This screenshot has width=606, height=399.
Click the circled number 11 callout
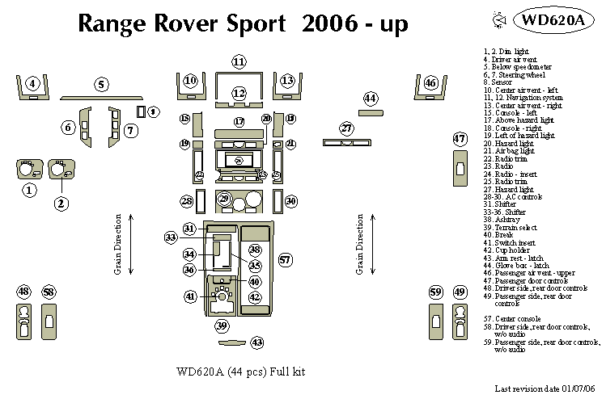(x=239, y=62)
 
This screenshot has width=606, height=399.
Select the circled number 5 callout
(x=101, y=84)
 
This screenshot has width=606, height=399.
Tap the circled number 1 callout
(x=28, y=191)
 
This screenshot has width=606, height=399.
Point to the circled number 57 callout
(x=285, y=260)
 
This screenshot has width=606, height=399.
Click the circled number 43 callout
(x=257, y=343)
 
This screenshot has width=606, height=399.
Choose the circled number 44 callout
(x=371, y=99)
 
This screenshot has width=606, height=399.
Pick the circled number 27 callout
(x=346, y=129)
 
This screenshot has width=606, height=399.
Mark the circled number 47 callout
(x=460, y=139)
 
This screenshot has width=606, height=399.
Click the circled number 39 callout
(x=222, y=325)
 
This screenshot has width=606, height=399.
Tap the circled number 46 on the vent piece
(x=430, y=83)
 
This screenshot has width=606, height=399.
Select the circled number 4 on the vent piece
(x=32, y=83)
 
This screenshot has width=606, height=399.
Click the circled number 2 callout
(x=61, y=204)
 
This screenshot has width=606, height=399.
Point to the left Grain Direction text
(x=118, y=244)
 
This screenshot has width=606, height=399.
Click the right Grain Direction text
(x=359, y=244)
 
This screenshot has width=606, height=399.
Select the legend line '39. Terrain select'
(x=506, y=229)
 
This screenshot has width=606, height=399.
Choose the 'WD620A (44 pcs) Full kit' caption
(x=239, y=372)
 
